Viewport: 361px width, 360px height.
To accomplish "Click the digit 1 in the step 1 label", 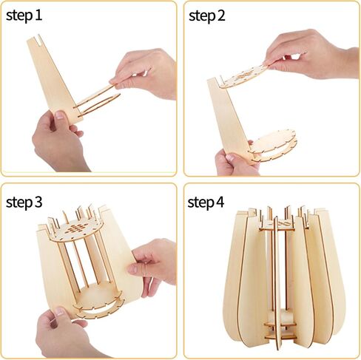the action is [38, 15].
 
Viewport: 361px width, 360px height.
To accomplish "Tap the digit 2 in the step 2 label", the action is [220, 16].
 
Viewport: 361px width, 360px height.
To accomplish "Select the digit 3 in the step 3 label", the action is [38, 202].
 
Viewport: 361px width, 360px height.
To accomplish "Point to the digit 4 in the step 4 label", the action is [220, 202].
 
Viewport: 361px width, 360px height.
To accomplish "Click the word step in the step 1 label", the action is [19, 16].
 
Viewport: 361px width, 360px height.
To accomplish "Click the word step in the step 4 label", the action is [201, 203].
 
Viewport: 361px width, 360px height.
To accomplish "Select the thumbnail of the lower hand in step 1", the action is [60, 115].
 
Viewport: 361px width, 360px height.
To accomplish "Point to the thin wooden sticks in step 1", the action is [97, 101].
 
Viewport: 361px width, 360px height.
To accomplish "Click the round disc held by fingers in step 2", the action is [244, 75].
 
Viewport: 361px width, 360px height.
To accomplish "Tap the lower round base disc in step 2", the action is [273, 146].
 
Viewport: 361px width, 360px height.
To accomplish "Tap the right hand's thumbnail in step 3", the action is [132, 268].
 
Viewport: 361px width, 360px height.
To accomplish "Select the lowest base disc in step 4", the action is [280, 336].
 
